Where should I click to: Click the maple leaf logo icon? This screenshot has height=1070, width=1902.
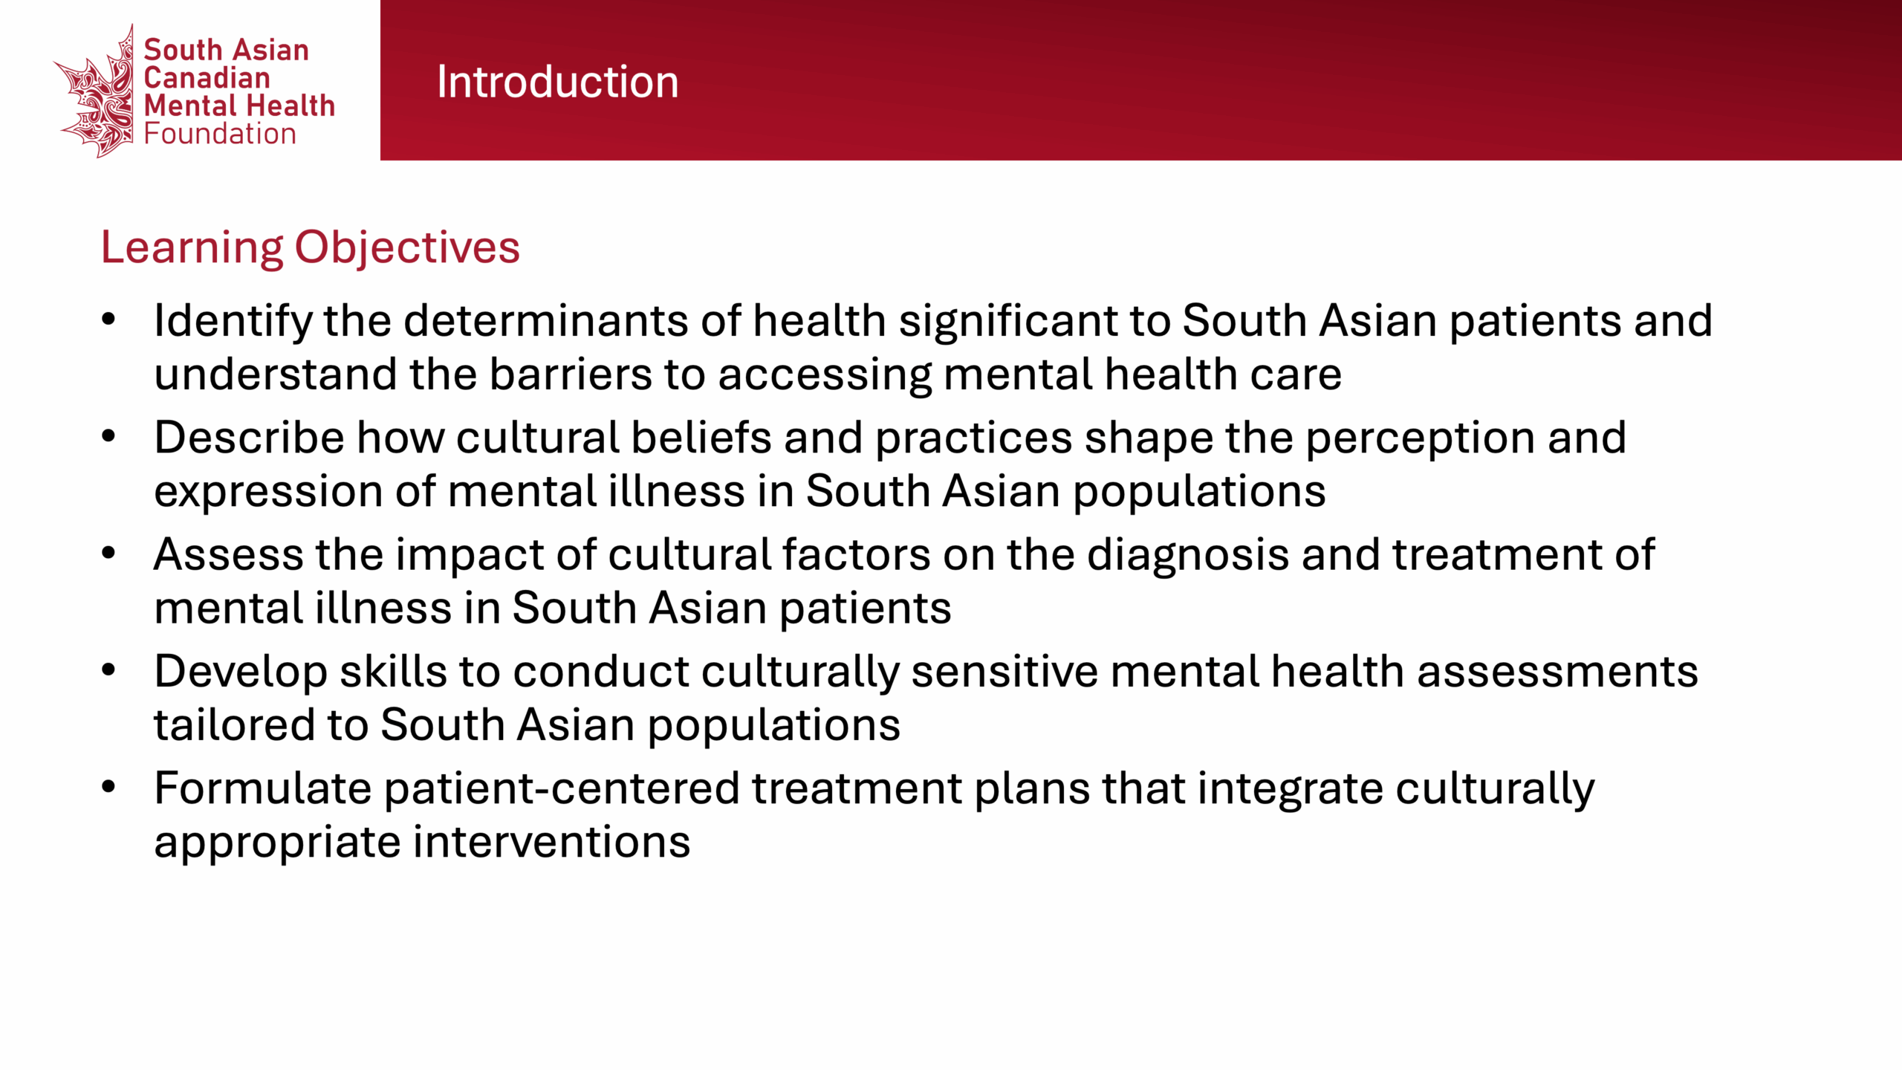pyautogui.click(x=95, y=92)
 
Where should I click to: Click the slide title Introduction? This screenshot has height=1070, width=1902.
pyautogui.click(x=557, y=82)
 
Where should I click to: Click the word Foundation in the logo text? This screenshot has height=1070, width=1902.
pyautogui.click(x=220, y=134)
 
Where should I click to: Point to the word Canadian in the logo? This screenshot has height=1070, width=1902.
pyautogui.click(x=207, y=78)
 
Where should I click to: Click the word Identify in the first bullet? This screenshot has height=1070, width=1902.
pyautogui.click(x=233, y=322)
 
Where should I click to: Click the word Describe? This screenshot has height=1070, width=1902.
pyautogui.click(x=249, y=438)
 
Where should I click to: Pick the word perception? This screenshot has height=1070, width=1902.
pyautogui.click(x=1420, y=439)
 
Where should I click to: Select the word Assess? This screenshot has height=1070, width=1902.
pyautogui.click(x=229, y=555)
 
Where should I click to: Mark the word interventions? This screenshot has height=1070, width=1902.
pyautogui.click(x=552, y=842)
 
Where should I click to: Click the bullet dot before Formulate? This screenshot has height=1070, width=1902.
pyautogui.click(x=109, y=787)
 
